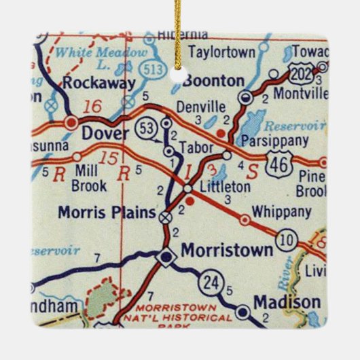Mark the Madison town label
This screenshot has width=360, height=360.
(x=287, y=302)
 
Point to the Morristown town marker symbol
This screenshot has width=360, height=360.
(x=166, y=257)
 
